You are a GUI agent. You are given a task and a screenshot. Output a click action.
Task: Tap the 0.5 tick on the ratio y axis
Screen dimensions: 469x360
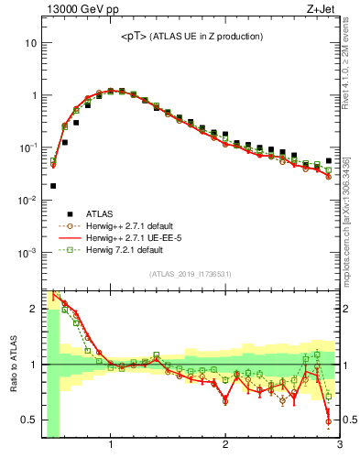tap(29, 420)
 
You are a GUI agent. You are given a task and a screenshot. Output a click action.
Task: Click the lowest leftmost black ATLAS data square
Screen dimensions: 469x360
tap(53, 186)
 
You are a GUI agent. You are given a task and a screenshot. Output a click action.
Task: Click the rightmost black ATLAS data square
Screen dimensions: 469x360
tap(328, 160)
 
